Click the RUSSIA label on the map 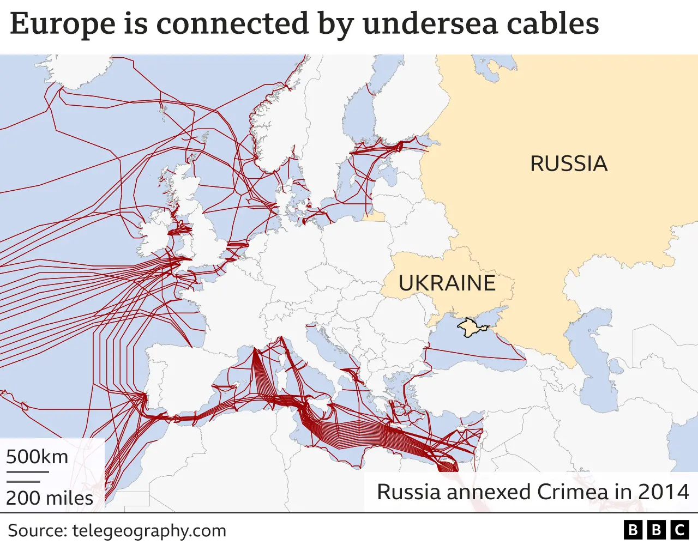click(x=568, y=163)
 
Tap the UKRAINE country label click(x=447, y=283)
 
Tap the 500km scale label click(x=37, y=457)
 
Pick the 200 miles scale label click(x=50, y=498)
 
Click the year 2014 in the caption click(x=663, y=492)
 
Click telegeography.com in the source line click(x=149, y=531)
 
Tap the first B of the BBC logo click(x=633, y=530)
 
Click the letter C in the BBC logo click(x=680, y=530)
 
